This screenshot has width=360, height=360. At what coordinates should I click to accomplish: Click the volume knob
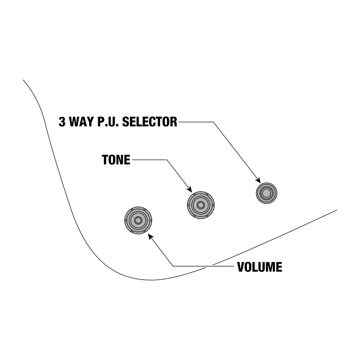pos(138,220)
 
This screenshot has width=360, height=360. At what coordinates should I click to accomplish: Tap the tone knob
pos(201,205)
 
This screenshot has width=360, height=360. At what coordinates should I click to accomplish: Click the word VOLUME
pos(260,267)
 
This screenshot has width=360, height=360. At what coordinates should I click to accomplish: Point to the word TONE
pos(116,160)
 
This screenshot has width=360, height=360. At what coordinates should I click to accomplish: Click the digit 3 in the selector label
pos(62,122)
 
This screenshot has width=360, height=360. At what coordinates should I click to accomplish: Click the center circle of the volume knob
pos(138,220)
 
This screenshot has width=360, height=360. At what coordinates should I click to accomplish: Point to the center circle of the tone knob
pos(201,205)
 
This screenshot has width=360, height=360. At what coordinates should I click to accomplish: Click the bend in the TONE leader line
pos(167,160)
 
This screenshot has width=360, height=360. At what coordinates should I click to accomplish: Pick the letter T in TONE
pos(105,160)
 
